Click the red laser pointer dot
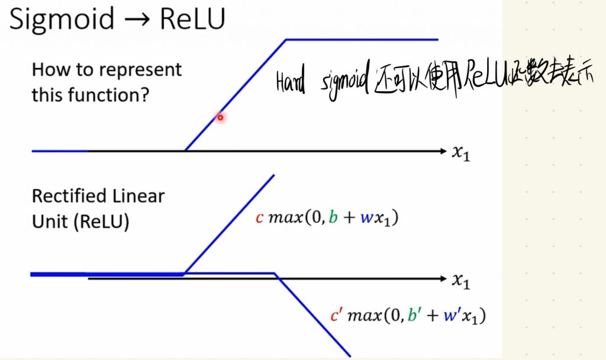[x=220, y=117]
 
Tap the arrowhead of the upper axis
[x=442, y=152]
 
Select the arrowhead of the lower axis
[x=442, y=278]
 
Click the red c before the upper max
[x=259, y=218]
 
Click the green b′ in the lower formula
[x=412, y=315]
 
